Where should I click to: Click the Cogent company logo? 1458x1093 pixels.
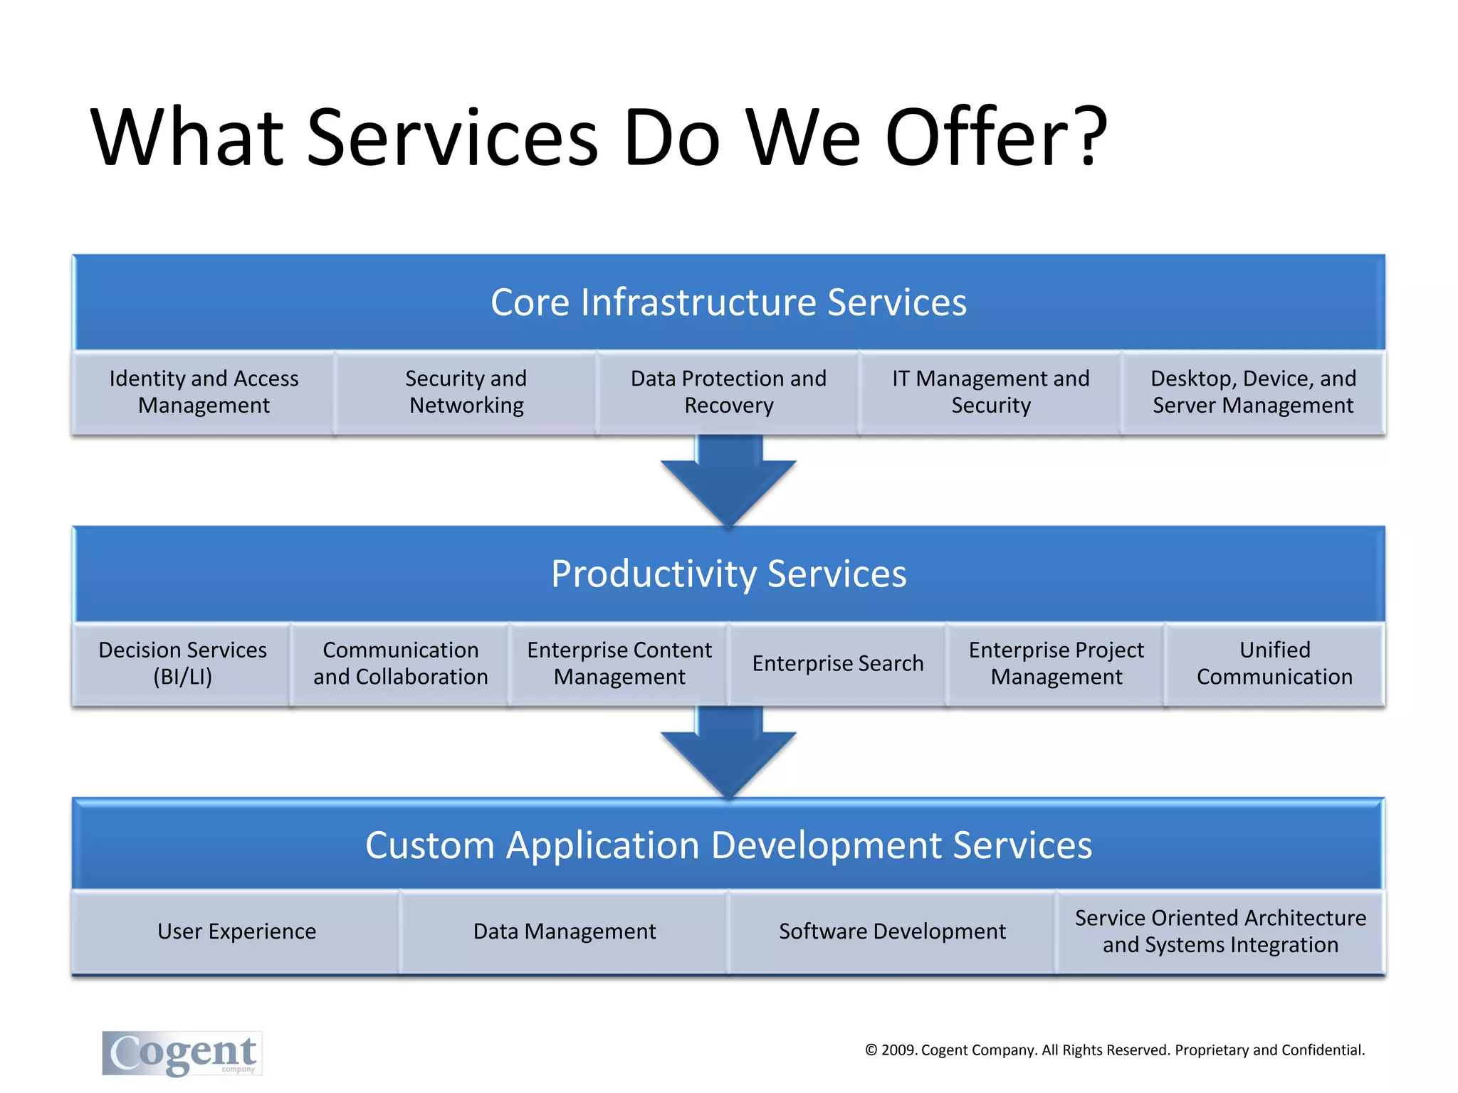(182, 1053)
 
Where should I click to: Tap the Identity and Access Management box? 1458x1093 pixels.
(204, 392)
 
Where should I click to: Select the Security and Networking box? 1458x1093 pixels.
(466, 392)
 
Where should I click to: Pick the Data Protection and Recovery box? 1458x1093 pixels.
(728, 392)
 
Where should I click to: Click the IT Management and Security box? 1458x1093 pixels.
(990, 392)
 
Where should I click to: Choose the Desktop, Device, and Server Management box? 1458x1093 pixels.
(1253, 392)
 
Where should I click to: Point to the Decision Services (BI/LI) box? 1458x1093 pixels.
(182, 663)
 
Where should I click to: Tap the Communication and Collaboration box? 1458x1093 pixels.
(401, 663)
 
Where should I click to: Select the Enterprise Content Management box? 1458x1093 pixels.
(619, 663)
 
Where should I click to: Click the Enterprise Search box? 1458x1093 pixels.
(837, 663)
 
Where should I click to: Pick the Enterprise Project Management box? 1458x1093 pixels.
(1056, 663)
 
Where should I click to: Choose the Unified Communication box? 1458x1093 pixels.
(1274, 663)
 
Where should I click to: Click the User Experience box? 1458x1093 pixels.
(236, 931)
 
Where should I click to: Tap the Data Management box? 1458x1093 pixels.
(565, 931)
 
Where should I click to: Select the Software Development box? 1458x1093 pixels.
(892, 931)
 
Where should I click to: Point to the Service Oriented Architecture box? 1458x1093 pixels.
(1220, 931)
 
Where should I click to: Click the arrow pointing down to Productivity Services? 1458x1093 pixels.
(728, 484)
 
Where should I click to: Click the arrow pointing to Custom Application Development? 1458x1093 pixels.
(728, 756)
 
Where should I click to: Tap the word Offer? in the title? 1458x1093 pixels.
(996, 137)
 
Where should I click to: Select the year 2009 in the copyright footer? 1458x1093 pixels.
(899, 1050)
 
